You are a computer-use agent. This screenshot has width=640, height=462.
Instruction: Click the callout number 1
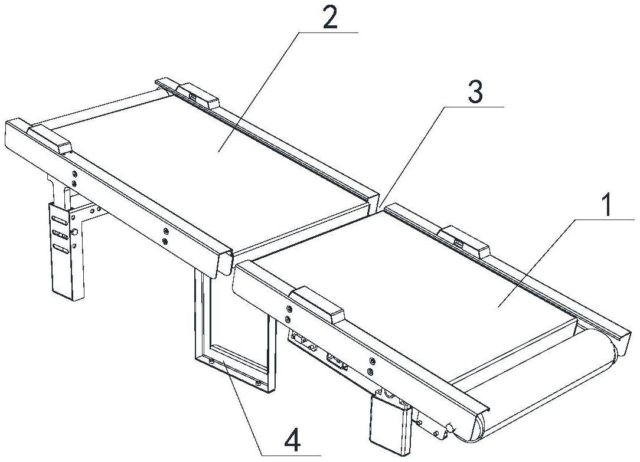click(607, 205)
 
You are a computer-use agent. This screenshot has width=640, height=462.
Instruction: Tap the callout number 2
click(330, 17)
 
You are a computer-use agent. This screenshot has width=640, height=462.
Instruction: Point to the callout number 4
click(293, 442)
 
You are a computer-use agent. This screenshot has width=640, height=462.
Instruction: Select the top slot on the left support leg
click(60, 221)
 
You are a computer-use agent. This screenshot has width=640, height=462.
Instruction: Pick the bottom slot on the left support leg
click(60, 248)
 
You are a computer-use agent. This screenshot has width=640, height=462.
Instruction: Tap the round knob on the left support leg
click(74, 232)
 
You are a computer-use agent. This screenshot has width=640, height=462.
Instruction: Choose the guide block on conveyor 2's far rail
click(197, 94)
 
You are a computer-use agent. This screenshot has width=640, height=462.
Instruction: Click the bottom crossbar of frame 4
click(233, 369)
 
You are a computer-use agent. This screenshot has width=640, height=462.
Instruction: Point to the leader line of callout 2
click(259, 91)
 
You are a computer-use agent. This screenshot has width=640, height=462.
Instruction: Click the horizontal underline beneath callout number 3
click(474, 106)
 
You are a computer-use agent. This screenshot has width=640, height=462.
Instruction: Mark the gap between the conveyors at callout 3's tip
click(380, 207)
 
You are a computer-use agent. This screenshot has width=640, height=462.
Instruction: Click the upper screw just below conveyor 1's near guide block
click(289, 308)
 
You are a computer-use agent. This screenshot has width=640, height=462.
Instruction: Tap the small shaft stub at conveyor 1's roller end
click(450, 428)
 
